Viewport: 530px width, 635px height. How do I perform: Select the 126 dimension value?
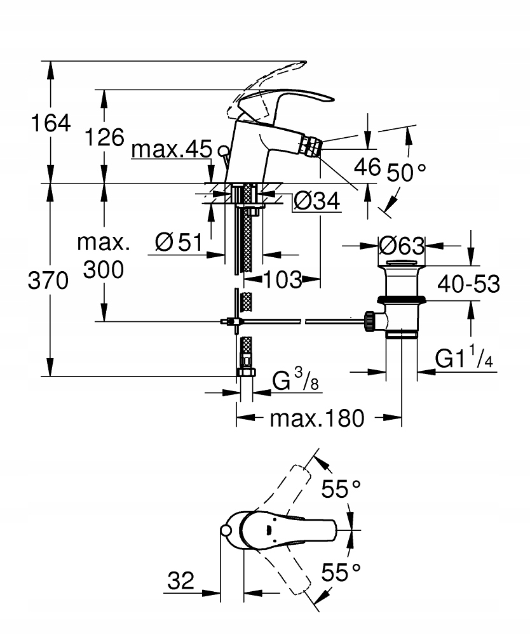tap(105, 136)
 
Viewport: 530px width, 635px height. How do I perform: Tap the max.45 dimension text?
tap(171, 150)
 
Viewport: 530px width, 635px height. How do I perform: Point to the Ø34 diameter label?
tap(317, 202)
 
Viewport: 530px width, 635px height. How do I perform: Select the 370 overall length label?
tap(48, 280)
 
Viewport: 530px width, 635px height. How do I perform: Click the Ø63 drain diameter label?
tap(401, 245)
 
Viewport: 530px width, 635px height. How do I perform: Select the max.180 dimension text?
tap(317, 418)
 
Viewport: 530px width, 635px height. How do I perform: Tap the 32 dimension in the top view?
tap(180, 580)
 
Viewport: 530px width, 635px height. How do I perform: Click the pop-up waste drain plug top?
tap(401, 264)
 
